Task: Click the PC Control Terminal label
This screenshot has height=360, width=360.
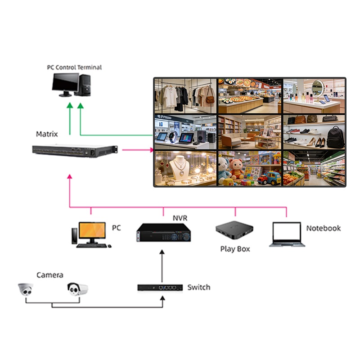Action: point(74,67)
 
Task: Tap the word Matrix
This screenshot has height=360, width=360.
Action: point(47,134)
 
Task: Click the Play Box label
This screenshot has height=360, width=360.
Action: point(235,249)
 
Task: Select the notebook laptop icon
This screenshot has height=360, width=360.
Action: point(287,234)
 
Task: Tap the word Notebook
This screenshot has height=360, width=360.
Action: point(323,228)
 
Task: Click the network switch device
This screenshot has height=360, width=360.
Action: point(160,287)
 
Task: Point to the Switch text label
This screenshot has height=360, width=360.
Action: point(198,287)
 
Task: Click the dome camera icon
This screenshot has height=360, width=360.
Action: point(26,290)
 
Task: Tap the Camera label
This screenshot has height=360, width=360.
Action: point(49,275)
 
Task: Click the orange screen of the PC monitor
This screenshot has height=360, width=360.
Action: point(91,230)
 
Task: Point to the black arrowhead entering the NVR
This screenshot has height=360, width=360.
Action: point(164,253)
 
